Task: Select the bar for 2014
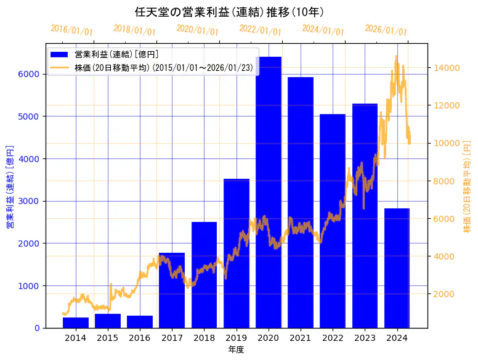click(76, 322)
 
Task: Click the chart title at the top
click(229, 12)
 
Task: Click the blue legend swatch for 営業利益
click(60, 55)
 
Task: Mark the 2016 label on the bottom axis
click(140, 338)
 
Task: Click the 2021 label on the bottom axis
click(301, 338)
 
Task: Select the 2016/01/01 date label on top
click(72, 30)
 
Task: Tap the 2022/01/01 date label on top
click(260, 30)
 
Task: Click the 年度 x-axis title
click(236, 350)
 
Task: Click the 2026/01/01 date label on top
click(386, 30)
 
